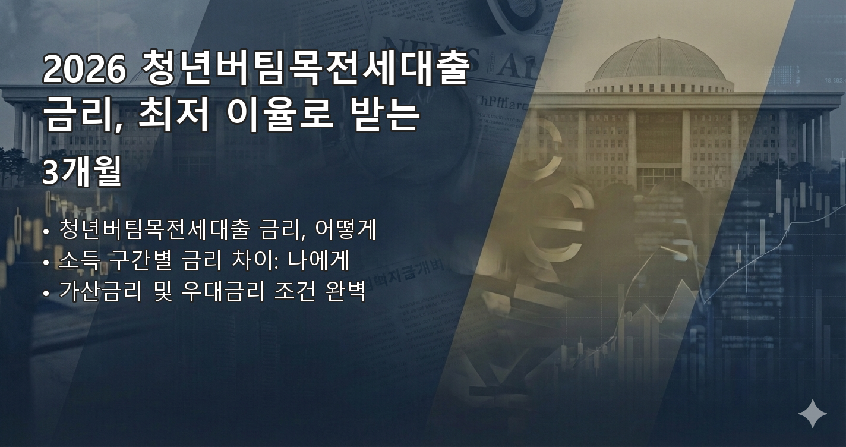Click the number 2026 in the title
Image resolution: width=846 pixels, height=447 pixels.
click(84, 70)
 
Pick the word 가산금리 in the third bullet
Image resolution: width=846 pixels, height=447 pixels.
click(100, 292)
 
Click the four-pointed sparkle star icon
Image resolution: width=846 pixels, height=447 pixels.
click(812, 414)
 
